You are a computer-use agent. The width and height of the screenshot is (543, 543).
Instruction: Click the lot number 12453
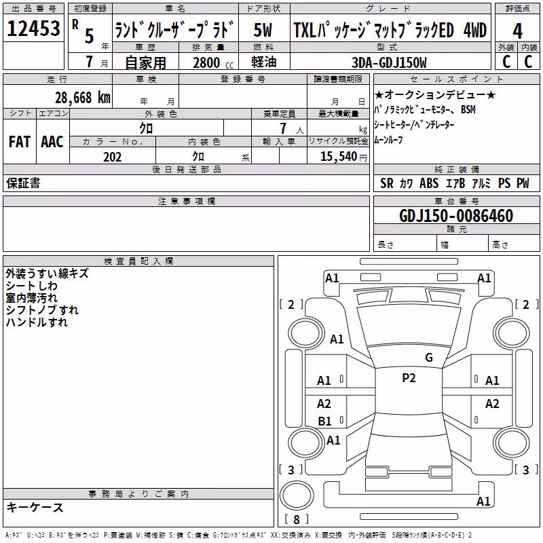pyautogui.click(x=33, y=28)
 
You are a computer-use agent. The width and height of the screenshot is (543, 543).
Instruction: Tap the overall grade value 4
pyautogui.click(x=517, y=31)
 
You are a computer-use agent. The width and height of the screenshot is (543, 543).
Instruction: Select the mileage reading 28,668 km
pyautogui.click(x=83, y=98)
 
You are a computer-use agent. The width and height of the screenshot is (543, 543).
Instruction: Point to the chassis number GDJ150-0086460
pyautogui.click(x=456, y=216)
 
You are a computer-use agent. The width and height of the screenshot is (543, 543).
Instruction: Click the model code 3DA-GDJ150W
pyautogui.click(x=389, y=62)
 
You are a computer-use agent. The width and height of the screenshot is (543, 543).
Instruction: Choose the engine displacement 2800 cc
pyautogui.click(x=213, y=62)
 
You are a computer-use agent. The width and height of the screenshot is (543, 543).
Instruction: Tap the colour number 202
pyautogui.click(x=112, y=157)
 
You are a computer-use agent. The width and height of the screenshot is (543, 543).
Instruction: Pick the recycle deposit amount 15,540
pyautogui.click(x=338, y=156)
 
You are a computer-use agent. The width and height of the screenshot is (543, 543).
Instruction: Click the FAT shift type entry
pyautogui.click(x=20, y=142)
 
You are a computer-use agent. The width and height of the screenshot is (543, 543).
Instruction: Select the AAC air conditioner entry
pyautogui.click(x=52, y=142)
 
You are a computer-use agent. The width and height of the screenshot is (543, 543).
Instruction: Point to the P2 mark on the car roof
pyautogui.click(x=409, y=378)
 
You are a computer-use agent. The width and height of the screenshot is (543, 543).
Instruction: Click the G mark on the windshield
pyautogui.click(x=429, y=358)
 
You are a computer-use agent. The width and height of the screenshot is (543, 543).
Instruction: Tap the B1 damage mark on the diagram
pyautogui.click(x=324, y=421)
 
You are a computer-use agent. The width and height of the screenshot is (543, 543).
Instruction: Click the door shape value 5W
pyautogui.click(x=263, y=30)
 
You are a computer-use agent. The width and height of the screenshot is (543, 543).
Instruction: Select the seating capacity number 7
pyautogui.click(x=283, y=128)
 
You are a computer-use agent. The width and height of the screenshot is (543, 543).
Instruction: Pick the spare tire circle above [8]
pyautogui.click(x=297, y=495)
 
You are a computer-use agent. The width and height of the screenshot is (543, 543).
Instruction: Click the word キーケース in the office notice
pyautogui.click(x=35, y=507)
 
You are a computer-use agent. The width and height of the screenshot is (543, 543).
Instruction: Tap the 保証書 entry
pyautogui.click(x=23, y=183)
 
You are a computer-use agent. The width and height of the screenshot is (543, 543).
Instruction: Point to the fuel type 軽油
pyautogui.click(x=263, y=62)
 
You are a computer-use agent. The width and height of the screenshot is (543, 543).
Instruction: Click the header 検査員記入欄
pyautogui.click(x=138, y=261)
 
